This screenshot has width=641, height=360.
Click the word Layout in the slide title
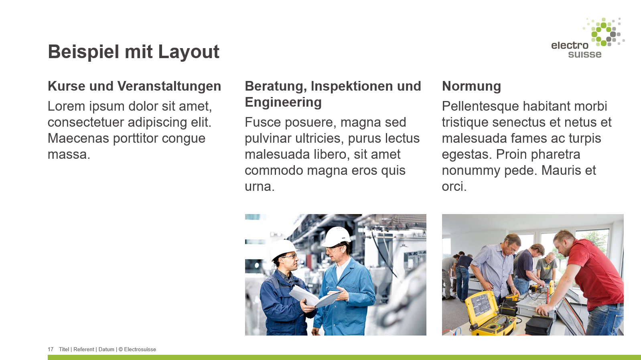pyautogui.click(x=189, y=52)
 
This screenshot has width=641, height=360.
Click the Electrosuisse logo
pyautogui.click(x=588, y=38)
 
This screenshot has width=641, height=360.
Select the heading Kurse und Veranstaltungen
pyautogui.click(x=134, y=86)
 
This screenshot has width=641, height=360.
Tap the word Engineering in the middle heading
pyautogui.click(x=283, y=102)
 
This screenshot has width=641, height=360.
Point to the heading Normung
pyautogui.click(x=471, y=86)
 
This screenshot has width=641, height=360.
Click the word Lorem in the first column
pyautogui.click(x=66, y=106)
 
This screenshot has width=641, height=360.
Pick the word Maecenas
pyautogui.click(x=78, y=138)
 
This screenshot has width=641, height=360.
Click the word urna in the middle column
pyautogui.click(x=260, y=186)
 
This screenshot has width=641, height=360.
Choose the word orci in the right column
pyautogui.click(x=454, y=186)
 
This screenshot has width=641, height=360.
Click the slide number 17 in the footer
pyautogui.click(x=51, y=350)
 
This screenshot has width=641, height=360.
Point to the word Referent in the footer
pyautogui.click(x=83, y=350)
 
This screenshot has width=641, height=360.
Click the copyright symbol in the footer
pyautogui.click(x=120, y=350)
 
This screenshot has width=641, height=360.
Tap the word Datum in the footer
pyautogui.click(x=106, y=350)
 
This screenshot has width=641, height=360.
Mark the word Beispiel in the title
pyautogui.click(x=83, y=52)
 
